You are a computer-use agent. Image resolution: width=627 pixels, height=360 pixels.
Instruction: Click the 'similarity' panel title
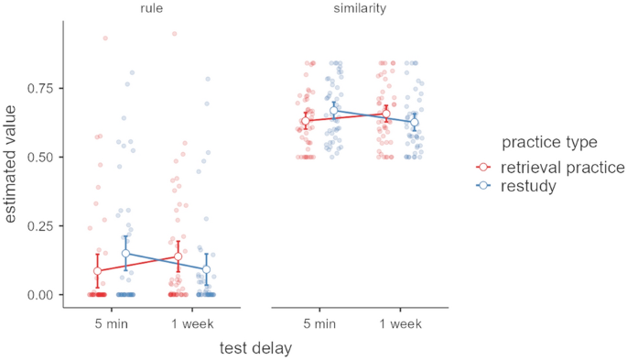[x=359, y=8]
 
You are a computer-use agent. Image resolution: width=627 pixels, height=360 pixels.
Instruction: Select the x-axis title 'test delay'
[x=255, y=348]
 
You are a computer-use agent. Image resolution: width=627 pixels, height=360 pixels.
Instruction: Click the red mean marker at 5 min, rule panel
[x=98, y=271]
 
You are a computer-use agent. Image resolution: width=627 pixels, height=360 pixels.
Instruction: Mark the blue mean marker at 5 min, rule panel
[x=126, y=254]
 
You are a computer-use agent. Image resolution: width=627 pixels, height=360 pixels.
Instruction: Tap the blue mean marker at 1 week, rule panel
[x=207, y=269]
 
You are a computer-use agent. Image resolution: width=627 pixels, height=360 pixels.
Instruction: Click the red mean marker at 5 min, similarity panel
[x=306, y=121]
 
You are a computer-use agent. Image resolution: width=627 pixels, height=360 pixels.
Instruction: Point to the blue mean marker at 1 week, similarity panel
[x=415, y=122]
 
